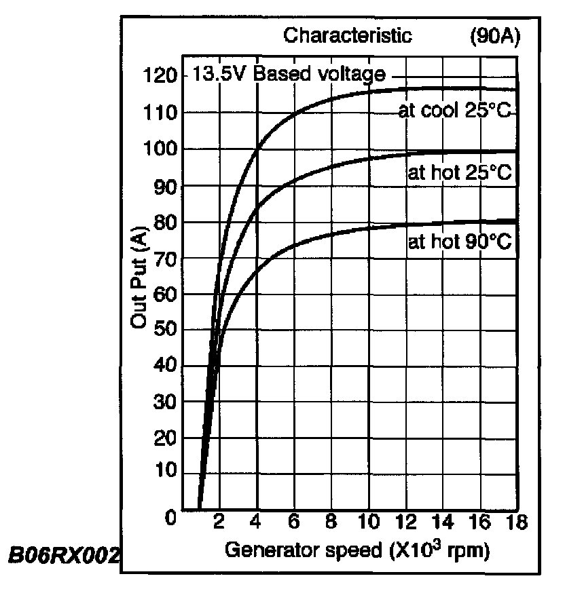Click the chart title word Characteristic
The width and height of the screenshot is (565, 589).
(348, 35)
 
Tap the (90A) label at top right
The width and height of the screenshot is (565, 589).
(494, 35)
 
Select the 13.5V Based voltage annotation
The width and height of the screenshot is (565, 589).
(289, 73)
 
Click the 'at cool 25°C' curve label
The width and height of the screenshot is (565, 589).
(454, 111)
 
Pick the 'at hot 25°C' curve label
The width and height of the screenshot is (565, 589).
(459, 172)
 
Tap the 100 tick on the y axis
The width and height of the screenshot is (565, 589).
(159, 149)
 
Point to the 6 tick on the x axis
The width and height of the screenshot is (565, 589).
(294, 522)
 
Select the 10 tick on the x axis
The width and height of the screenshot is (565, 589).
(369, 522)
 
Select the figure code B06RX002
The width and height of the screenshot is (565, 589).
(62, 555)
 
